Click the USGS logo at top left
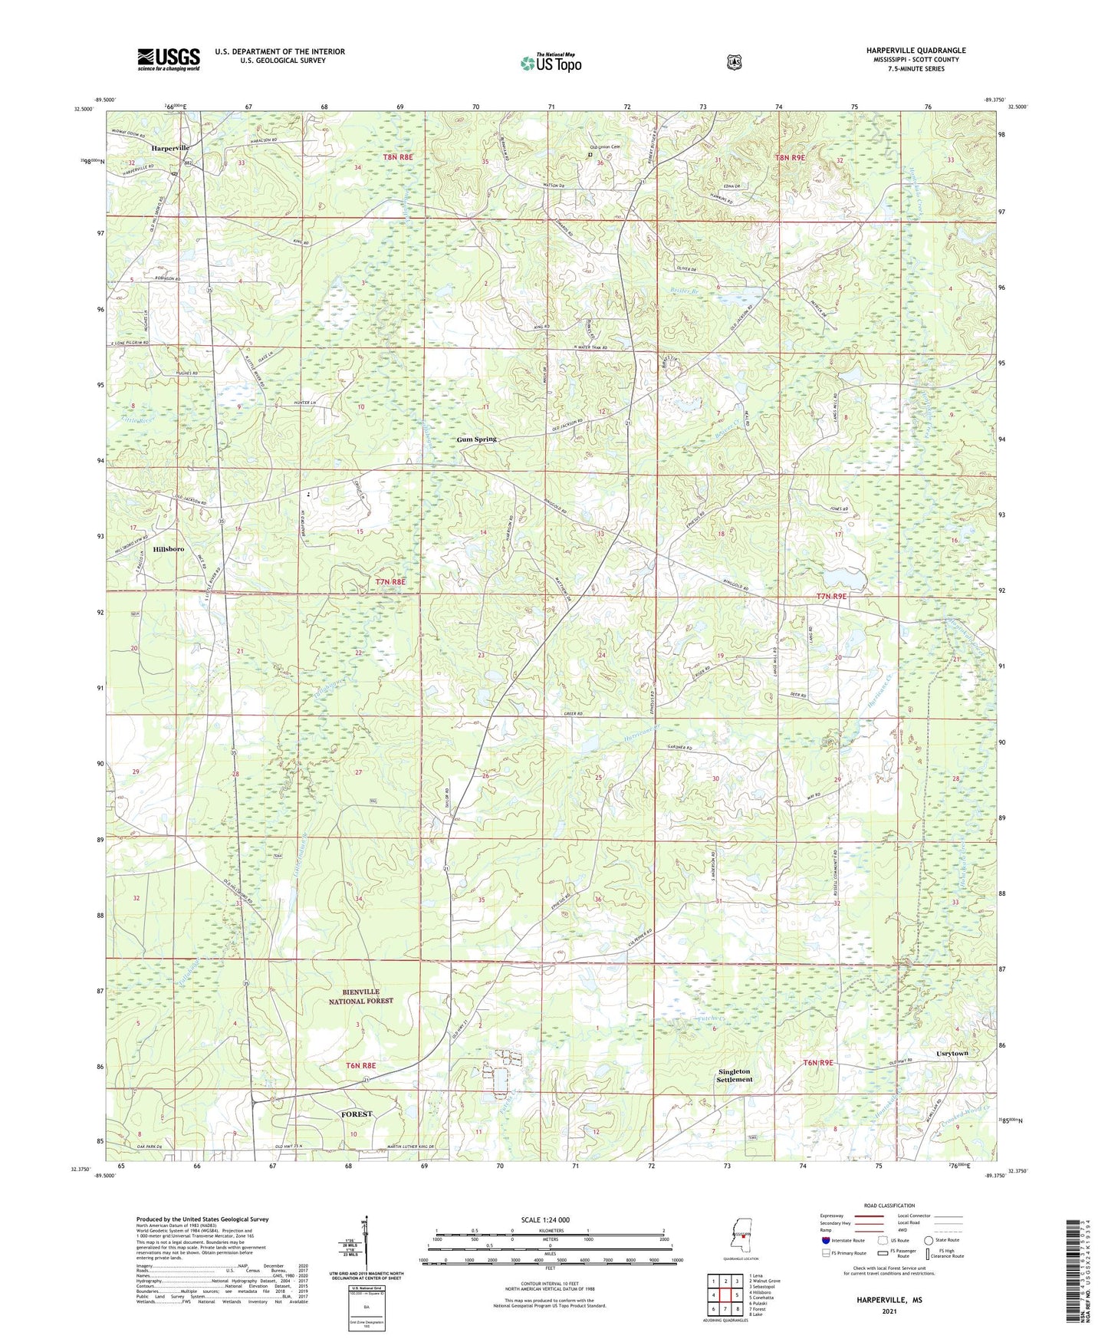point(169,59)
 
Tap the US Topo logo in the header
point(551,63)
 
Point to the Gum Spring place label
point(477,439)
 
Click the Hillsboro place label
point(168,549)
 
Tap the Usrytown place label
point(952,1054)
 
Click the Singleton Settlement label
point(735,1075)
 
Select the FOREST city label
point(357,1114)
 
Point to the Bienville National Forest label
point(361,996)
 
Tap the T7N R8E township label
point(390,582)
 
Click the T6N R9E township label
point(817,1062)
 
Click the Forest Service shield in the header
point(734,62)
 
